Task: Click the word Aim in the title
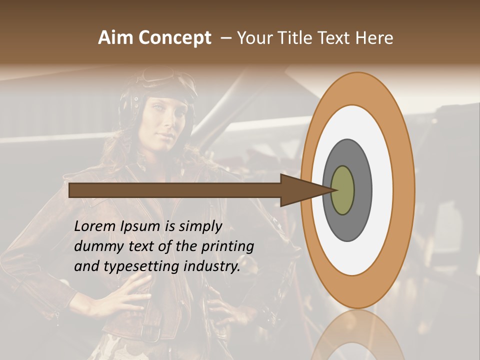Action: (115, 38)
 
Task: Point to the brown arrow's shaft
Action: (175, 190)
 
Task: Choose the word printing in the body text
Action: (228, 247)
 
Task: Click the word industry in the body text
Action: (212, 266)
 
